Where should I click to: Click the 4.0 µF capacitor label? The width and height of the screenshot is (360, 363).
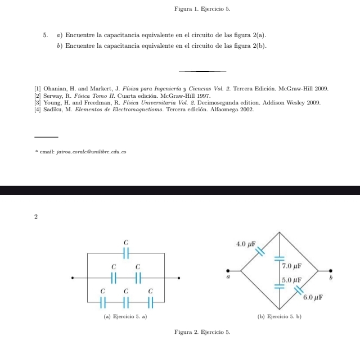coord(246,244)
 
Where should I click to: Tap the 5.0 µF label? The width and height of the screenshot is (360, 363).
coord(292,279)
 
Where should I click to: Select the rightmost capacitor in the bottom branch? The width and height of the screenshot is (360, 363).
coord(151,302)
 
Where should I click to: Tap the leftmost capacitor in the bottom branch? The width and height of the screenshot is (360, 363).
coord(102,302)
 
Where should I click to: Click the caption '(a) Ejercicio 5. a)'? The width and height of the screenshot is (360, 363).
coord(126,317)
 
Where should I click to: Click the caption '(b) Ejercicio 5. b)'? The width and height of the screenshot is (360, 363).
coord(280,317)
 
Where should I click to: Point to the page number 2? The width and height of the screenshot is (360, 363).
coord(35,216)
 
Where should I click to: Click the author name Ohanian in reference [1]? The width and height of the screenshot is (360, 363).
coord(56,89)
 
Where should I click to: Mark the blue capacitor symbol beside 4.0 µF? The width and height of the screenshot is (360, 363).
coord(260,251)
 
